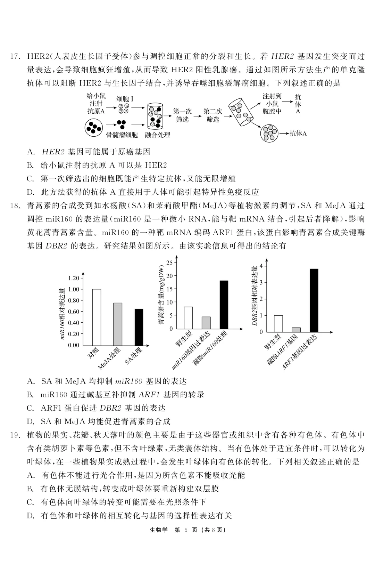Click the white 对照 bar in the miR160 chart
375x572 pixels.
(97, 317)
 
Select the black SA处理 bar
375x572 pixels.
(139, 327)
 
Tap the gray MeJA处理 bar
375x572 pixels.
(118, 324)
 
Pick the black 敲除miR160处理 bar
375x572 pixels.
(224, 305)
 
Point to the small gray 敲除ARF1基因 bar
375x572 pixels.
(296, 330)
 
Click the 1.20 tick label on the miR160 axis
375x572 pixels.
(73, 278)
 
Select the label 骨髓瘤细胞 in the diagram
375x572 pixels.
(122, 135)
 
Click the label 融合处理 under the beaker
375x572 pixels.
(157, 135)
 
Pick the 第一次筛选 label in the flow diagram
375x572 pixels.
(182, 115)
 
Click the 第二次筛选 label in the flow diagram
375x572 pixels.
(212, 115)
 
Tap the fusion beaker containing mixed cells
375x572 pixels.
(155, 115)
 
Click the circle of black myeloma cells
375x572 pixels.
(93, 128)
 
